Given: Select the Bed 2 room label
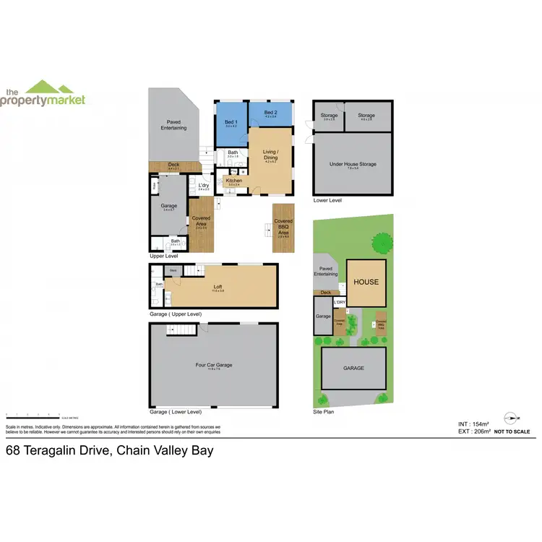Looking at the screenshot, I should pyautogui.click(x=270, y=113).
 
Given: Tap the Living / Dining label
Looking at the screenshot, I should pyautogui.click(x=270, y=155).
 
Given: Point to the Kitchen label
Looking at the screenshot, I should pyautogui.click(x=234, y=181).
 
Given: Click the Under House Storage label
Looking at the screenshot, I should pyautogui.click(x=353, y=165).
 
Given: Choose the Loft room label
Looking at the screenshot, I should pyautogui.click(x=218, y=287).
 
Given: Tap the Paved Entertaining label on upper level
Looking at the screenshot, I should pyautogui.click(x=173, y=125).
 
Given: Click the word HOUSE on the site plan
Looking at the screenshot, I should pyautogui.click(x=366, y=282).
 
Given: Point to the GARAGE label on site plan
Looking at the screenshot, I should pyautogui.click(x=353, y=368).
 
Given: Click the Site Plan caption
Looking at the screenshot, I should pyautogui.click(x=324, y=412).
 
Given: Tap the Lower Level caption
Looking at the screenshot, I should pyautogui.click(x=327, y=200).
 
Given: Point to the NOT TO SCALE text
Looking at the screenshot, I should pyautogui.click(x=512, y=431).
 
